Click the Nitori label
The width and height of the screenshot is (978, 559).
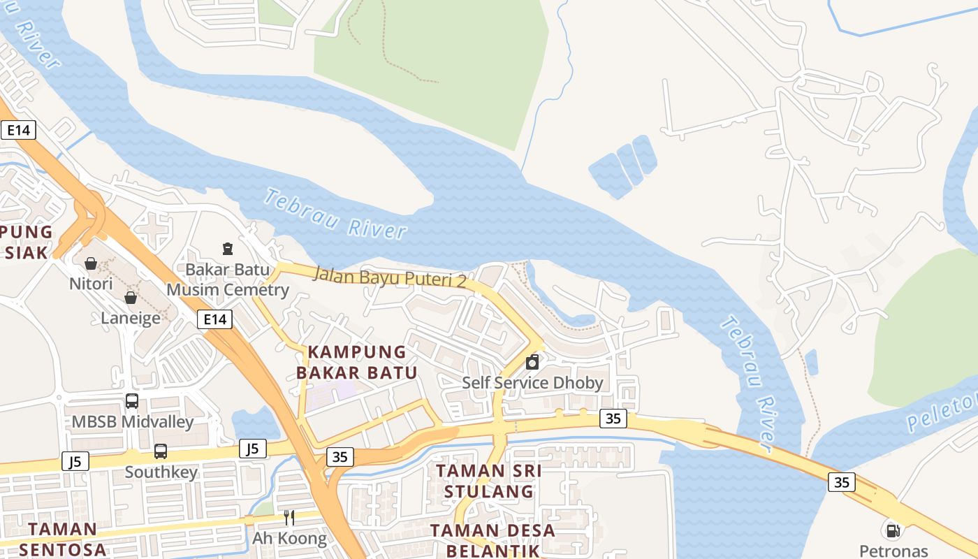tap(91, 284)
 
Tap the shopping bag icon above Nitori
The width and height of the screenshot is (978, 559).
tap(91, 263)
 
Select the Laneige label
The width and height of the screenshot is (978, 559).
tap(131, 318)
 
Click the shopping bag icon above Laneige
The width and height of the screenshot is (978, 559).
tap(131, 298)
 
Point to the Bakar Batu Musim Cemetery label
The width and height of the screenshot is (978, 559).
tap(228, 279)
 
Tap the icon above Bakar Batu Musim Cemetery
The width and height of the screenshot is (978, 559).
tap(228, 248)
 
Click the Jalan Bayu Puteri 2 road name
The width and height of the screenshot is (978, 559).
tap(390, 276)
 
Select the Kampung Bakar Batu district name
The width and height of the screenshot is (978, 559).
tap(357, 362)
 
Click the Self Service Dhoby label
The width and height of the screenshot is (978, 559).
tap(532, 383)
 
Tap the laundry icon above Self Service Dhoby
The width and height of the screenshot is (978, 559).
tap(532, 362)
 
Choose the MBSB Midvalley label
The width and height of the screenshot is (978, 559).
tap(133, 421)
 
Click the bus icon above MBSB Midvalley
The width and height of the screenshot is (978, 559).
tap(132, 401)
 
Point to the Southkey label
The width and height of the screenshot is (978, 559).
tap(161, 472)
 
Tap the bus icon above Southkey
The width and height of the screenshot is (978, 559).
tap(161, 451)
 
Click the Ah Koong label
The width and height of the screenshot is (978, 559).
tap(289, 538)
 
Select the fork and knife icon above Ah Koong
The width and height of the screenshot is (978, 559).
tap(289, 518)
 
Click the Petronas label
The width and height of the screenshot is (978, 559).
tap(893, 551)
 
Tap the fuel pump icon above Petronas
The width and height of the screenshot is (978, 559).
tap(893, 530)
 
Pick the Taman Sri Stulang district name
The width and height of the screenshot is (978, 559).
tap(489, 481)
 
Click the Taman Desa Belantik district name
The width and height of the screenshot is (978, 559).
tap(493, 540)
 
